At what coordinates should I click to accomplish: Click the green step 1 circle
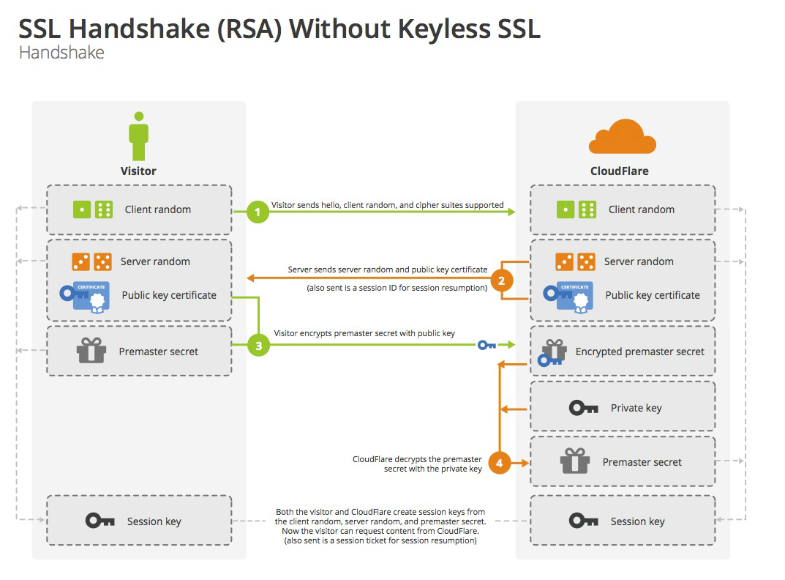tap(258, 212)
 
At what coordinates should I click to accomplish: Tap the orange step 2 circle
tap(502, 280)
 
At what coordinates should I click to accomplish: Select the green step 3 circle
tap(258, 346)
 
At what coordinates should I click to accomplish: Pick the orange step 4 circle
tap(499, 463)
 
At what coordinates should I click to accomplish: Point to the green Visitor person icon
tap(139, 136)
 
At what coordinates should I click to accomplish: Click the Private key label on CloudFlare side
tap(636, 408)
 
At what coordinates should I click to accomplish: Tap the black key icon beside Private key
tap(583, 408)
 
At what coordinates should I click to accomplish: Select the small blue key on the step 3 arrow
tap(487, 345)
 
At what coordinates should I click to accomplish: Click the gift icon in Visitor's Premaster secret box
tap(91, 350)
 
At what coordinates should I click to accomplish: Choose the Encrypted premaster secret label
tap(640, 352)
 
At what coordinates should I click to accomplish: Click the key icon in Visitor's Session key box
tap(100, 521)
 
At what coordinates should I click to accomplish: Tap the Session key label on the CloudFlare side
tap(637, 522)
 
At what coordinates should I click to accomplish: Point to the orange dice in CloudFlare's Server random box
tap(575, 261)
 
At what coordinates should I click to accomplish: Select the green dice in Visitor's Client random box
tap(93, 209)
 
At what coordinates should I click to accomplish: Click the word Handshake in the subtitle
tap(61, 53)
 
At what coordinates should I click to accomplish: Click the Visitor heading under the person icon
tap(138, 171)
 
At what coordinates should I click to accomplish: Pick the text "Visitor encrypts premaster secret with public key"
tap(364, 333)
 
